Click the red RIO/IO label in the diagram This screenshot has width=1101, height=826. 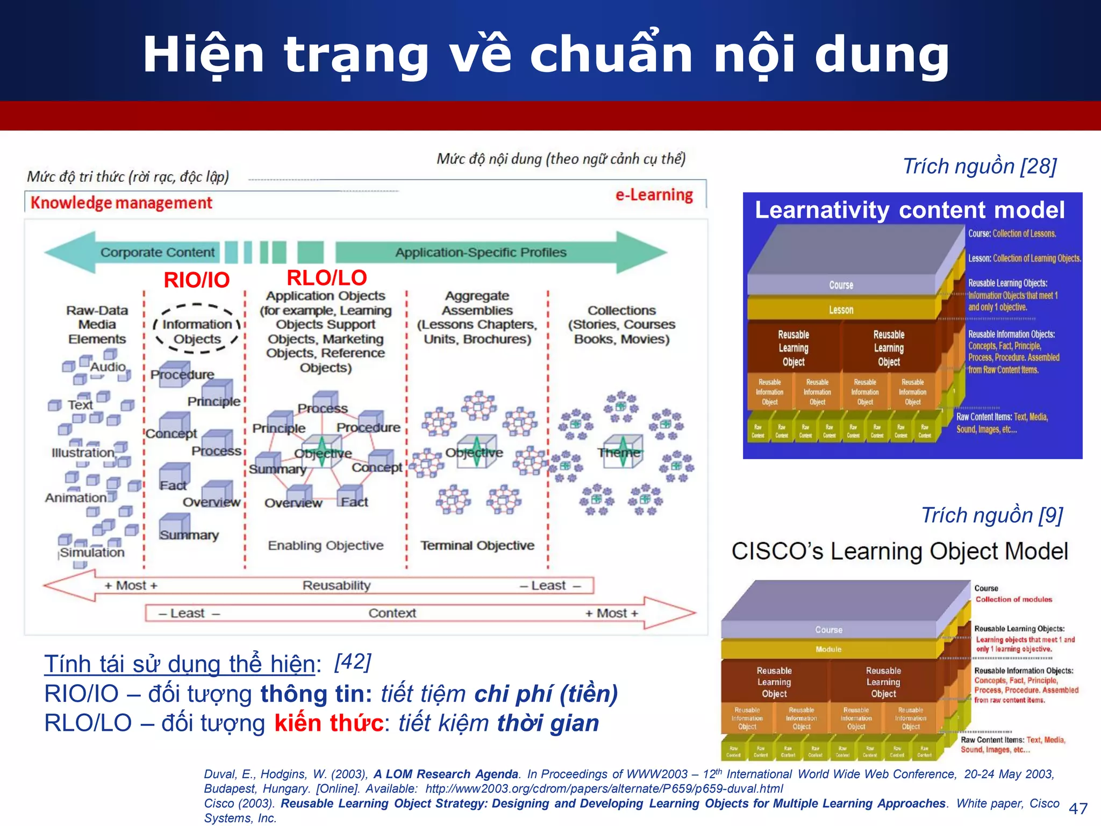[196, 280]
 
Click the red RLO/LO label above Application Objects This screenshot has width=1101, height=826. [326, 277]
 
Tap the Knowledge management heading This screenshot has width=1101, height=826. [121, 203]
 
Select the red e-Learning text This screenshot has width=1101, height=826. [654, 195]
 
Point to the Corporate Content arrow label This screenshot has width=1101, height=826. [157, 252]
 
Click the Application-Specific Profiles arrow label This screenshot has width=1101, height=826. [481, 252]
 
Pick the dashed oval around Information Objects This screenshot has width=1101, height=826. [197, 329]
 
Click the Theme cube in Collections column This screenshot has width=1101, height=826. [622, 452]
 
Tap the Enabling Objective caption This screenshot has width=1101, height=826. [326, 545]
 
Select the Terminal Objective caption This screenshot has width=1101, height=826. [477, 545]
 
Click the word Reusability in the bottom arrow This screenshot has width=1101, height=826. [337, 585]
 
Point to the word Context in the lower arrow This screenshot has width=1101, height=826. [392, 613]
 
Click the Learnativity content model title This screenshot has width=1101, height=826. [909, 210]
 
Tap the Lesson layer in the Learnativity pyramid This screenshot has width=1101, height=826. [841, 310]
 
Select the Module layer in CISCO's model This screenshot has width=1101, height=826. [828, 649]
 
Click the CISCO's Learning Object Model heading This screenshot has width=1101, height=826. [899, 551]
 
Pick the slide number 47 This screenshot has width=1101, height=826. [1078, 808]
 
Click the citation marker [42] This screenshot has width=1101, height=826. [352, 661]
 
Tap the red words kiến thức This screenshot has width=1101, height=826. [329, 723]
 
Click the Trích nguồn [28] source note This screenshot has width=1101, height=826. [980, 166]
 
